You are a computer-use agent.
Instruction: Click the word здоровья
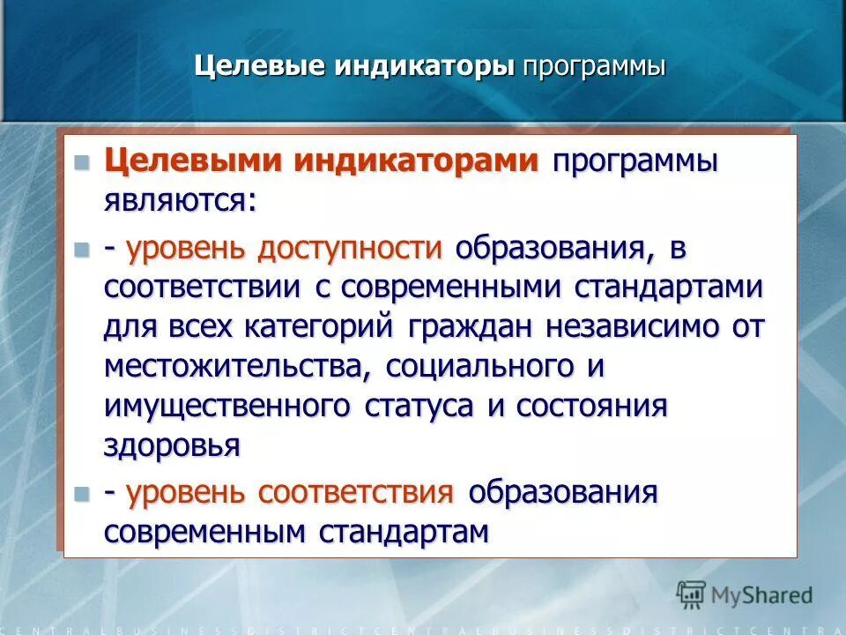coord(172,445)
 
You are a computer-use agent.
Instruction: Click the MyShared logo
coord(745,594)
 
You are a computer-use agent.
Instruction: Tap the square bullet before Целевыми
coord(83,162)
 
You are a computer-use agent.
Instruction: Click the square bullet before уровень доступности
coord(83,250)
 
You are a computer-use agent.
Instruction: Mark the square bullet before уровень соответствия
coord(83,493)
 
